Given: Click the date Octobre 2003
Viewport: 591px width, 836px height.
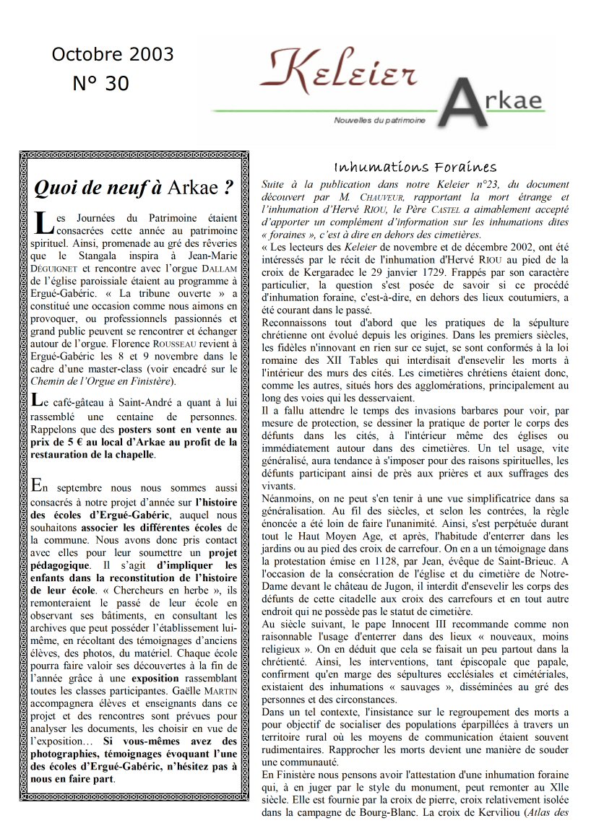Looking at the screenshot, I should point(113,55).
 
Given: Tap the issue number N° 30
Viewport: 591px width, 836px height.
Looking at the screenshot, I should point(100,84).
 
